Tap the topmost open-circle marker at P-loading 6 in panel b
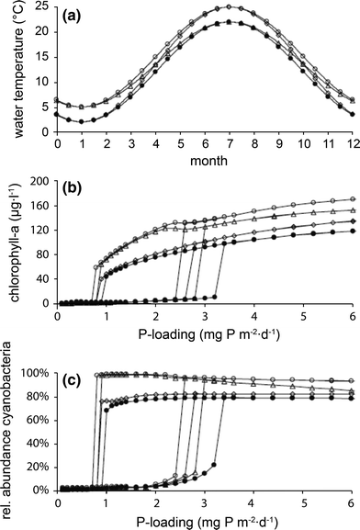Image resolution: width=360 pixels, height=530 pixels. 352,199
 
